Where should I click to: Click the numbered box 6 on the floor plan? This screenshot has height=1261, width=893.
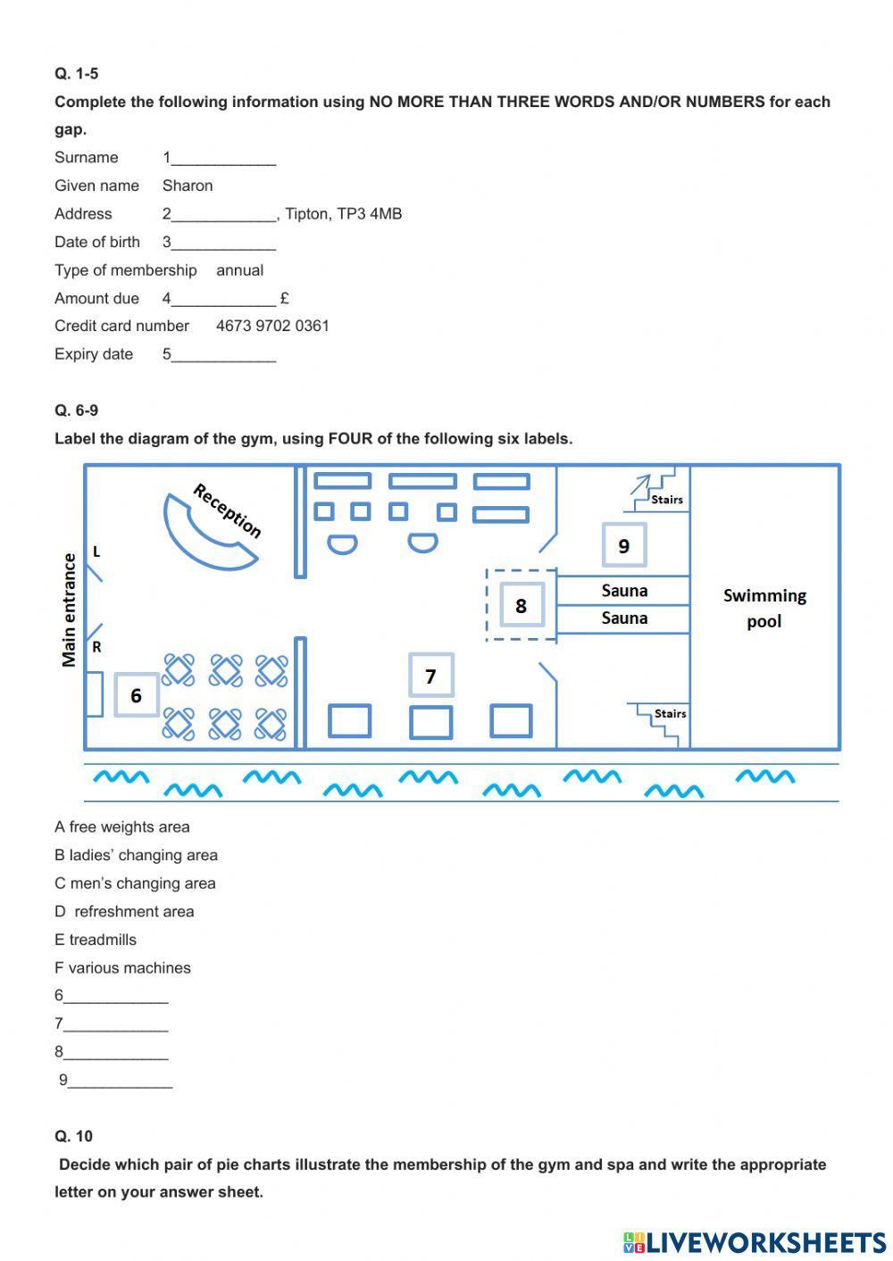coord(136,695)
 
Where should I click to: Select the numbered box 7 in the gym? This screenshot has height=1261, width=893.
coord(430,676)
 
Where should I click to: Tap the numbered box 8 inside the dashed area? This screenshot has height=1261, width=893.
coord(521,605)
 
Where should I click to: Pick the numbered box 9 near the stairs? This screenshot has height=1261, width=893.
coord(623,545)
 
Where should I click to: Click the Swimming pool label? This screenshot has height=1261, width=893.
coord(764,608)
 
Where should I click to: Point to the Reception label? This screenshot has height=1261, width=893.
coord(227,511)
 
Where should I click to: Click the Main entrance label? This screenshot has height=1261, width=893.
coord(69,610)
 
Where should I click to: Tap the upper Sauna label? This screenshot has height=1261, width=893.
coord(624,591)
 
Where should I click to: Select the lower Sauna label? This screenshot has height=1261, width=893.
coord(624,618)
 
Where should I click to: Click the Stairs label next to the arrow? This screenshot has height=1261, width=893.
coord(666,500)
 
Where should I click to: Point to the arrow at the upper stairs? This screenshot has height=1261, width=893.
coord(639,485)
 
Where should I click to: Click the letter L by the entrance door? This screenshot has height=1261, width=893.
coord(96,552)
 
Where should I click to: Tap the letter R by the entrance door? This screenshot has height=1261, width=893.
coord(96,647)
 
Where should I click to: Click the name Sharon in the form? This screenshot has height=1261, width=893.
coord(188,186)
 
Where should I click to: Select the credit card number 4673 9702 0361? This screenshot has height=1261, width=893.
coord(272,326)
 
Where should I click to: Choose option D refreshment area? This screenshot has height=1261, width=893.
coord(124,911)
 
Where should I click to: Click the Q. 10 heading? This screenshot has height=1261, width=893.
coord(73,1136)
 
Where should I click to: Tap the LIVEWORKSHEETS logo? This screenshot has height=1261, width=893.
coord(755,1241)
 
